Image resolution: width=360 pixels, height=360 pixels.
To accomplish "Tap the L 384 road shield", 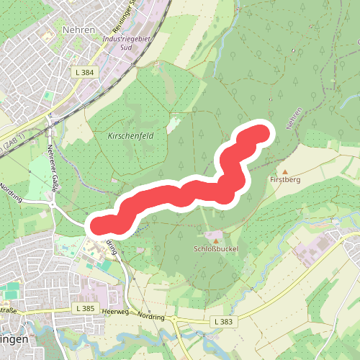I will [85, 73].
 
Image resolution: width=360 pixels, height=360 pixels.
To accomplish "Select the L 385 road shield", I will [85, 308].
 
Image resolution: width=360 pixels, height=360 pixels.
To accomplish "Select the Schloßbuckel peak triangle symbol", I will [215, 240].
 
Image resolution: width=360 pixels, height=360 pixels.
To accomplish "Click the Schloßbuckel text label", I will [215, 249].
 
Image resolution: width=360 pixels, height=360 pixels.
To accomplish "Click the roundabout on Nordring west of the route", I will [52, 204].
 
